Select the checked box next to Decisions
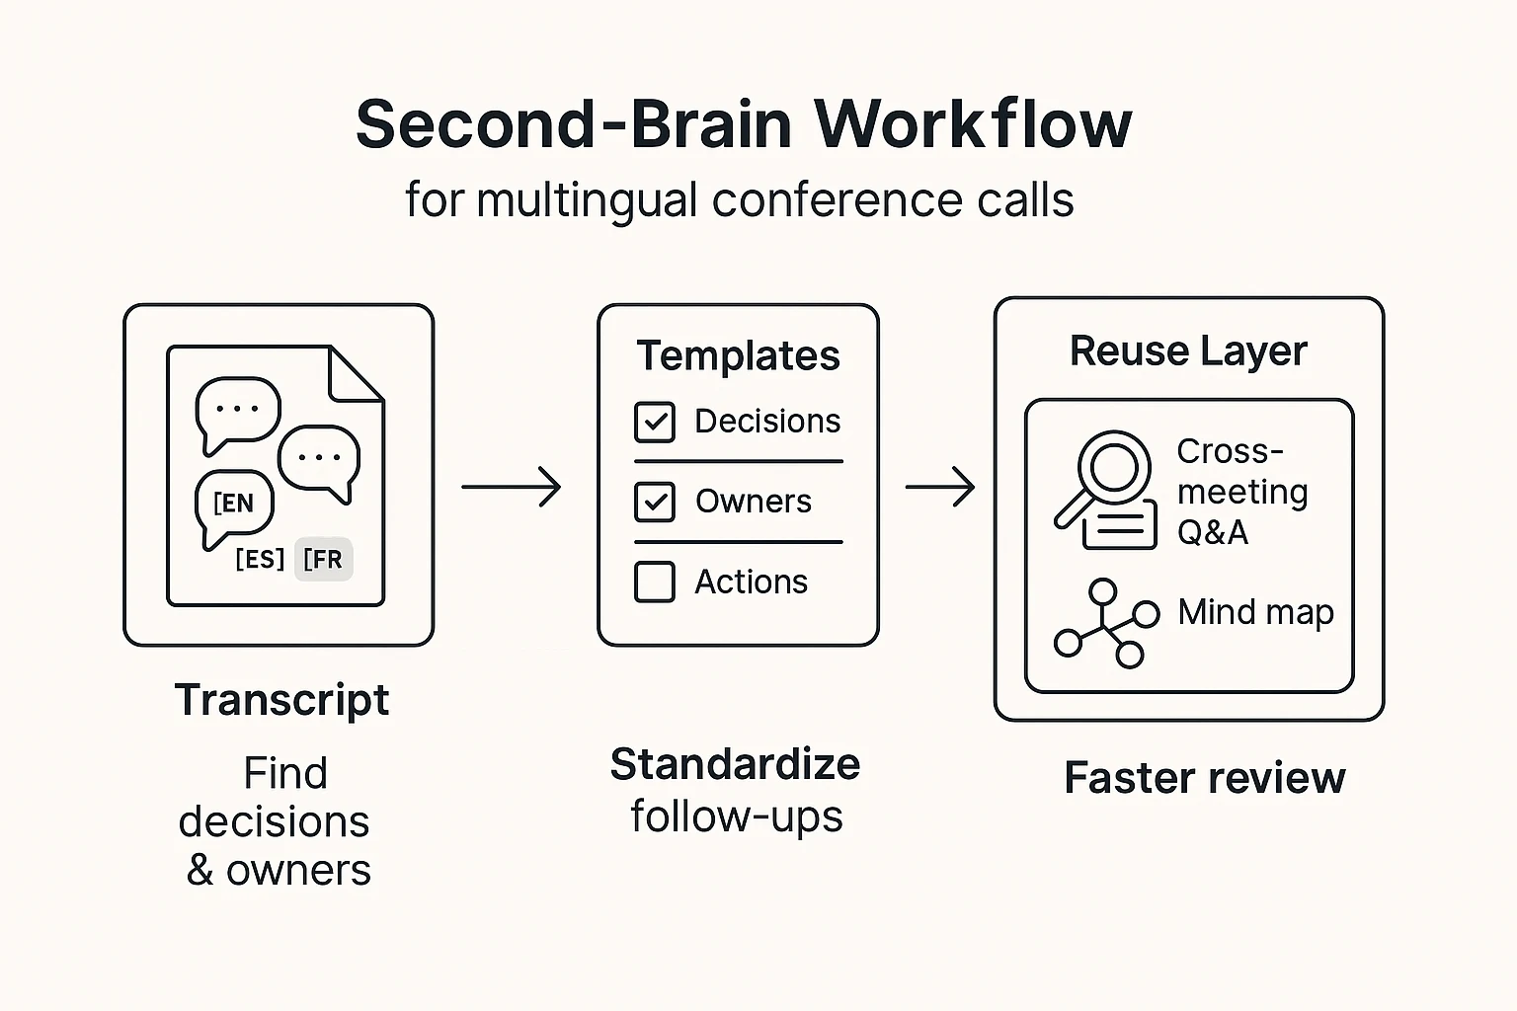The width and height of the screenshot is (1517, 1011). coord(654,422)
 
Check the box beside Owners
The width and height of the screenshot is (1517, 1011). coord(654,502)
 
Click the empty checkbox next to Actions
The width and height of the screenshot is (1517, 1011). coord(654,582)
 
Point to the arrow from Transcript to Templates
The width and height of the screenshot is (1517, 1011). coord(511,487)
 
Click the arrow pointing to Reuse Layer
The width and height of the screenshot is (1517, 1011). coord(939,487)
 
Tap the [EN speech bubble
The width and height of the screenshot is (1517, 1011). coord(234,504)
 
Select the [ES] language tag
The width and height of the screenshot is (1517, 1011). coord(260,560)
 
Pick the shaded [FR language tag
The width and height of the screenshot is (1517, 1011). coord(324,560)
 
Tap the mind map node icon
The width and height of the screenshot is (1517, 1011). coord(1105,623)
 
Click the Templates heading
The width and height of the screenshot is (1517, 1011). coord(738,355)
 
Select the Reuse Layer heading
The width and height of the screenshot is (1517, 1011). coord(1188,350)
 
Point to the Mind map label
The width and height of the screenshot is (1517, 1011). coord(1255,612)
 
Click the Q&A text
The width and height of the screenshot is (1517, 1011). coord(1212,532)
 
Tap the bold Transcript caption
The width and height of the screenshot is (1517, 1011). coord(281,700)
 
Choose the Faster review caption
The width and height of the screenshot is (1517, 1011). coord(1204,778)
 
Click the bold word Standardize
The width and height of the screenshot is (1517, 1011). coord(735,764)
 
